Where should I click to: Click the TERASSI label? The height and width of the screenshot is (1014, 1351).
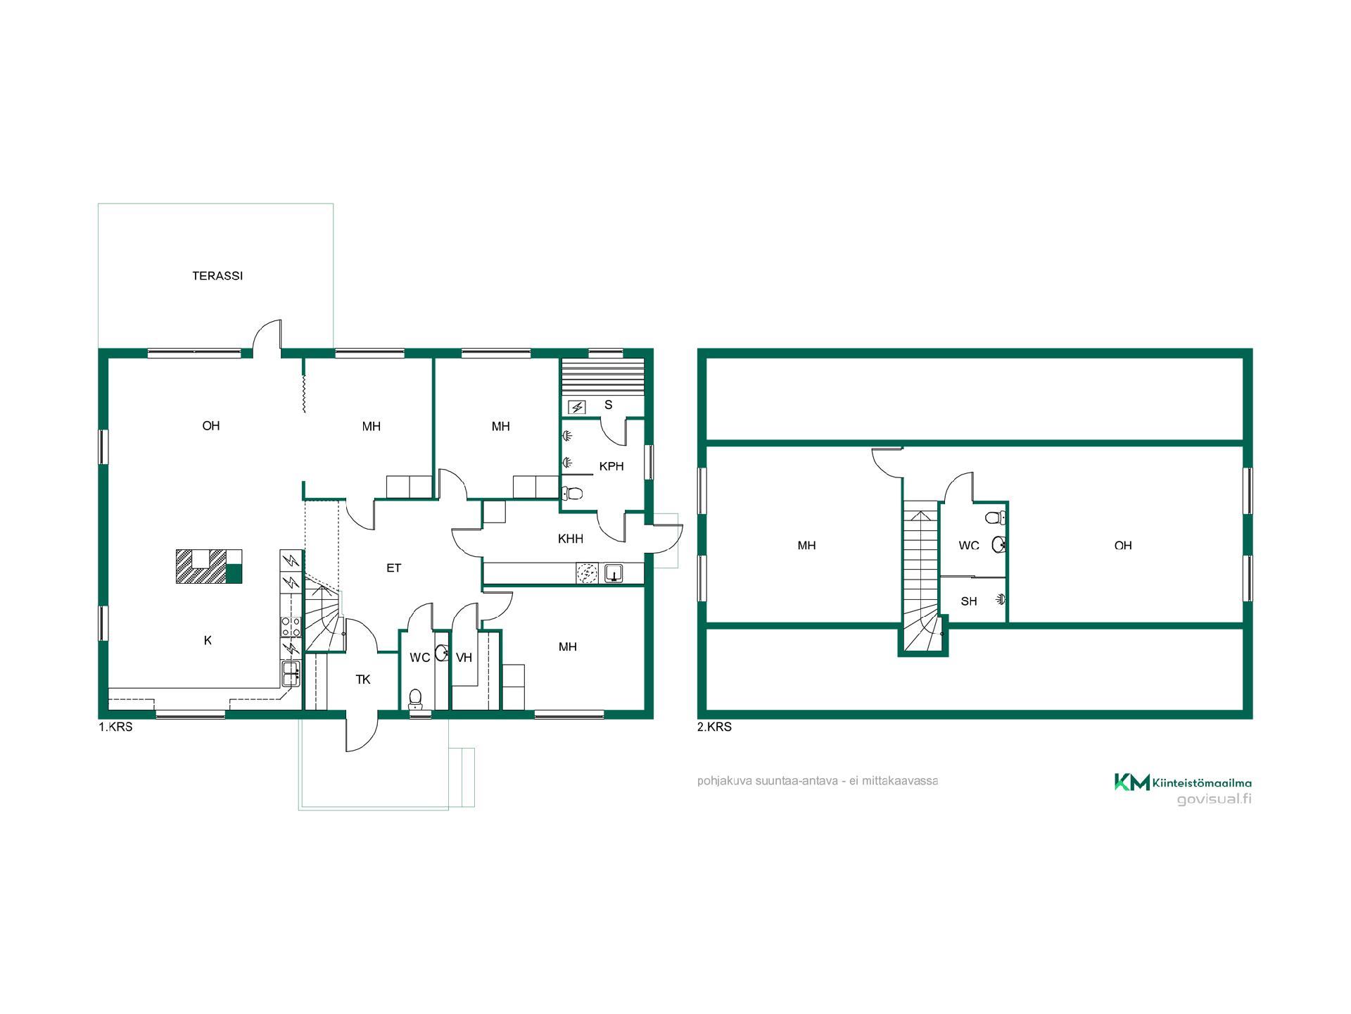[217, 276]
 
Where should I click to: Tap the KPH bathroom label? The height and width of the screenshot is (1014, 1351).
[611, 466]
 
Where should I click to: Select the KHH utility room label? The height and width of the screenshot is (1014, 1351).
[571, 539]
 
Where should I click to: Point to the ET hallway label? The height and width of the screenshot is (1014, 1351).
[393, 568]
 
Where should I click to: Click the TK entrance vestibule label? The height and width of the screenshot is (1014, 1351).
[363, 680]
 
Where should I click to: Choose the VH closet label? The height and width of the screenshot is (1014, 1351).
[464, 658]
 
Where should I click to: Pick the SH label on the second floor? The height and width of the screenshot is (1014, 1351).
[969, 601]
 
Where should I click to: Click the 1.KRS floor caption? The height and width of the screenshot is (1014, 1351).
[115, 727]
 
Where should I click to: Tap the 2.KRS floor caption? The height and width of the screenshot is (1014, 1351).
[714, 727]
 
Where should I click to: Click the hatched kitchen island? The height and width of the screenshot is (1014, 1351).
[208, 566]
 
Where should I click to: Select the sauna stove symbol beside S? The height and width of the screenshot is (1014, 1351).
[576, 407]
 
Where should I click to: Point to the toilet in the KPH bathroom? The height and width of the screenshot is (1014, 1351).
[572, 493]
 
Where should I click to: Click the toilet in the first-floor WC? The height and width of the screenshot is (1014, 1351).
[416, 699]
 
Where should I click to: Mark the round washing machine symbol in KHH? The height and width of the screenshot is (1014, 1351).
[586, 574]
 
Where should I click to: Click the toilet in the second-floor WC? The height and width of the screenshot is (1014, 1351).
[996, 518]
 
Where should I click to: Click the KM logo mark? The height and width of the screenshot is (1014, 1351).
[1131, 782]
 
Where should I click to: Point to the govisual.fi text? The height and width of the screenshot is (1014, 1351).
[1214, 799]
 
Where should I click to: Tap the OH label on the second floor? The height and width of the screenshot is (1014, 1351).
[1123, 545]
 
